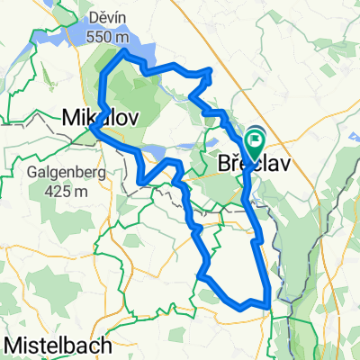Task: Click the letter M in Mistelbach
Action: [x=14, y=345]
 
